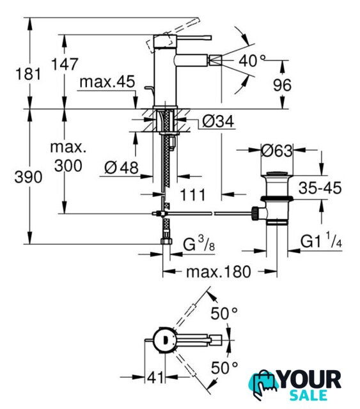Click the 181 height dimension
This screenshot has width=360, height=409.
pyautogui.click(x=28, y=74)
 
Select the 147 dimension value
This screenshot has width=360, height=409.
pyautogui.click(x=65, y=64)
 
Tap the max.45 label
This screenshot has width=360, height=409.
pyautogui.click(x=107, y=82)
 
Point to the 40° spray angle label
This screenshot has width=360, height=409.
pyautogui.click(x=252, y=61)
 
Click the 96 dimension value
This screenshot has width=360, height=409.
pyautogui.click(x=282, y=85)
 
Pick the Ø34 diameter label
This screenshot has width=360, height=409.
pyautogui.click(x=218, y=121)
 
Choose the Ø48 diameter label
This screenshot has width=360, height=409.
pyautogui.click(x=121, y=167)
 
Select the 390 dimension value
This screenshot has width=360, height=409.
pyautogui.click(x=28, y=177)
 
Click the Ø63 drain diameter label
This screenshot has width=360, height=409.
pyautogui.click(x=277, y=151)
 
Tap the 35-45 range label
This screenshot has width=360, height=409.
pyautogui.click(x=320, y=188)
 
